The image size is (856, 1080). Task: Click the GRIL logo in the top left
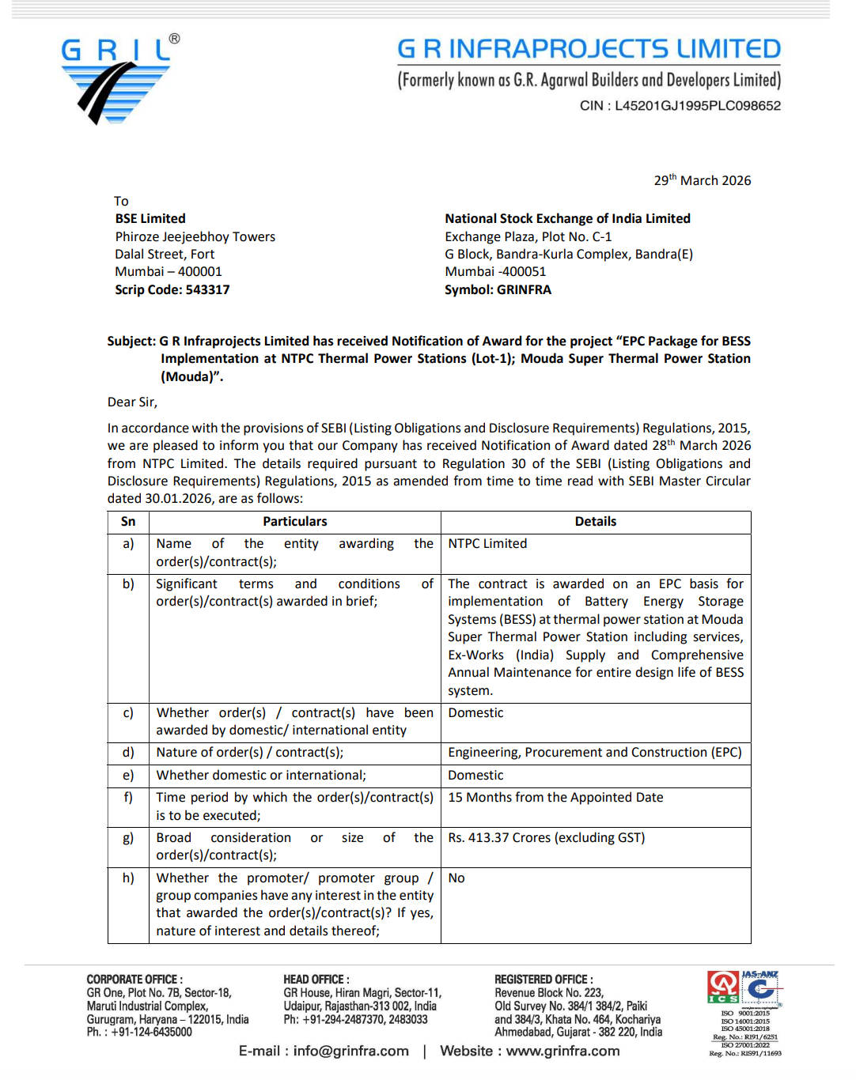(119, 79)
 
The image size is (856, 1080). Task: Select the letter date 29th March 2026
(702, 180)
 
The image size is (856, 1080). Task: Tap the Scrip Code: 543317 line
(172, 289)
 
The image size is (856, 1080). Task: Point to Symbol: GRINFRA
(498, 289)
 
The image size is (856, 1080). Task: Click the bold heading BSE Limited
(150, 218)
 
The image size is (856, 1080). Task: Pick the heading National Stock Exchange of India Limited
(567, 218)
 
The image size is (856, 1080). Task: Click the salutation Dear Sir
(132, 402)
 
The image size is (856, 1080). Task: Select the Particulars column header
(294, 522)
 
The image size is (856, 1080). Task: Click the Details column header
(595, 522)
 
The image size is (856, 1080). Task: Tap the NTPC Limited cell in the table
(487, 544)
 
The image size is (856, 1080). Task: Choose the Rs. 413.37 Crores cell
(546, 837)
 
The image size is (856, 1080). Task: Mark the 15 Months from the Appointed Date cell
(555, 798)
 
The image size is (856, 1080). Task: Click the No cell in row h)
(456, 878)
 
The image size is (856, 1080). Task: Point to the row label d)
(128, 753)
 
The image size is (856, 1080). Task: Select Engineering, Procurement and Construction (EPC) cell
(594, 753)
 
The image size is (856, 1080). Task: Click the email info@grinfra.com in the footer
(350, 1051)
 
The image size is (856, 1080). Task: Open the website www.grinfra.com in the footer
(562, 1051)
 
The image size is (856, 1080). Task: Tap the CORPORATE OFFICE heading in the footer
(134, 979)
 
